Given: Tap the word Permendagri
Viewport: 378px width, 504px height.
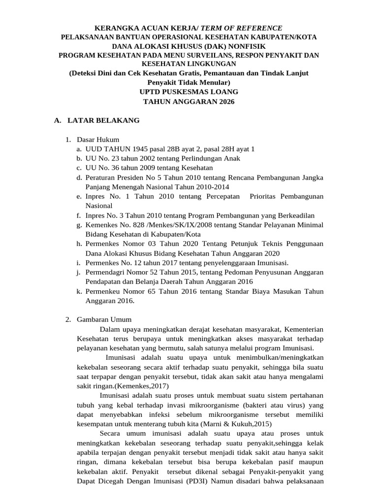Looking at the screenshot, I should click(106, 272).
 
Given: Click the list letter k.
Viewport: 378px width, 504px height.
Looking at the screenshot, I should click(79, 291).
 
